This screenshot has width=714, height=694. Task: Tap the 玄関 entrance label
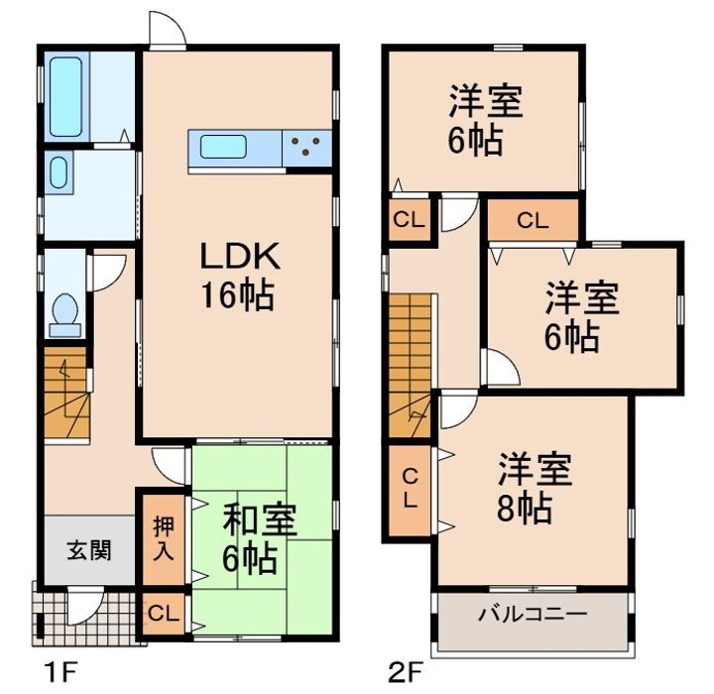point(88,550)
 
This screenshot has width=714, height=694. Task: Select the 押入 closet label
point(165,536)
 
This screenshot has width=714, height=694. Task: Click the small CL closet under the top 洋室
point(408,220)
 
